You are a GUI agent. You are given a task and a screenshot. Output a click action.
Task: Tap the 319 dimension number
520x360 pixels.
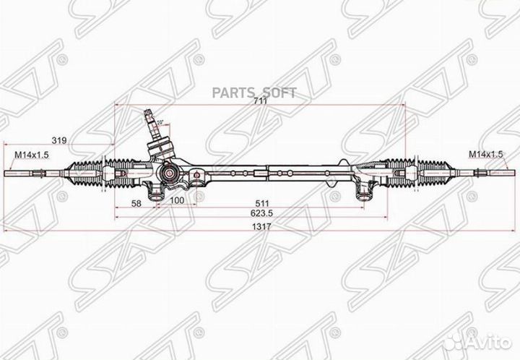[x=59, y=141]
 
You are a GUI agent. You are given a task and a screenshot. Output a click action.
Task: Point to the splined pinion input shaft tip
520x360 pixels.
[x=150, y=112]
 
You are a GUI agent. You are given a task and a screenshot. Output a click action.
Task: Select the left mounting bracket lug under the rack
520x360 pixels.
[x=156, y=192]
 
